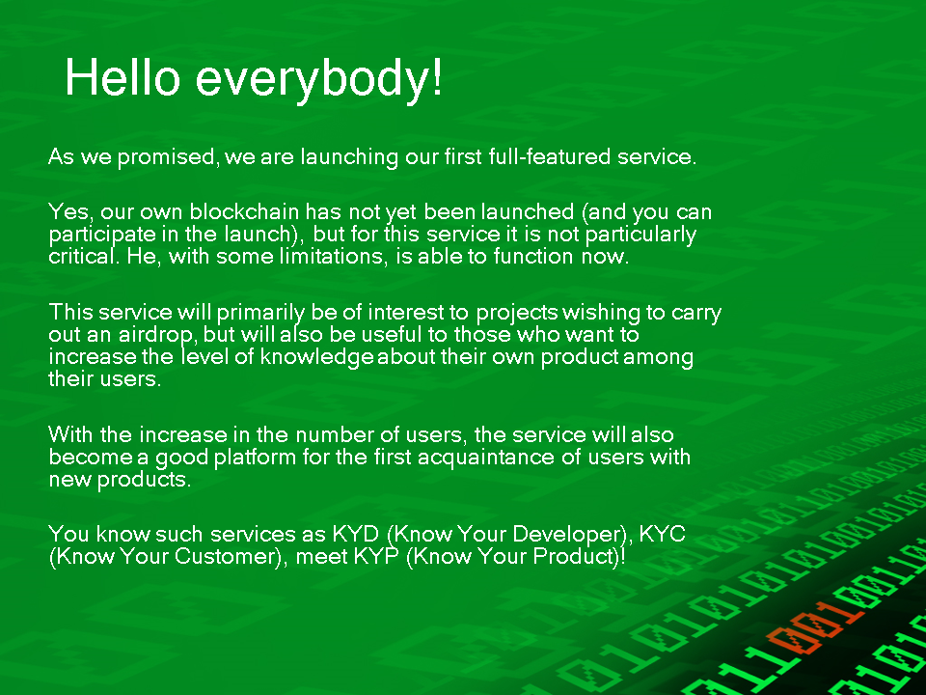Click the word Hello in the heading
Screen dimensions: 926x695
tap(123, 77)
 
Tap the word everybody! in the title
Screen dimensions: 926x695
tap(318, 80)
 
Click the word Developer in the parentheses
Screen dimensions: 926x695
tap(568, 535)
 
